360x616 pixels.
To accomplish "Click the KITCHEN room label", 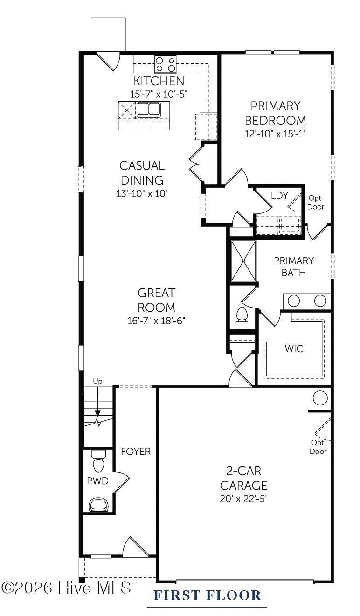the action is coord(159,81).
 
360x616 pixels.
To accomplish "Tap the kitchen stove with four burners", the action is coord(165,64).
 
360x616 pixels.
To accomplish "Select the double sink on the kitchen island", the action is coord(149,109).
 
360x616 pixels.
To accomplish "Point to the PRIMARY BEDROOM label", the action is coord(275,113).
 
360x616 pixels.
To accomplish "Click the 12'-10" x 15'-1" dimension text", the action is coord(276,134).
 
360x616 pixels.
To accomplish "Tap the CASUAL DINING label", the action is coord(142,173).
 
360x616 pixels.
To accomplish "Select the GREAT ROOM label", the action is coord(156,300).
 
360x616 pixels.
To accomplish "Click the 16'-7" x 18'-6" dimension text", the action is coord(156,321).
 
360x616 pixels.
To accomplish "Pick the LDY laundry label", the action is coord(279,196).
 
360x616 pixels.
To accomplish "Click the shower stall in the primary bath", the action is coord(243,261).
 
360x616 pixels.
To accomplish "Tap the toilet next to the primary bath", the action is coord(242,318).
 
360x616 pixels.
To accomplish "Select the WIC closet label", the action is coord(294,349).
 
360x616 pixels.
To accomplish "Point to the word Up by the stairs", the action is coord(97,382).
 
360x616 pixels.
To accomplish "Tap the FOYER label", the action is coord(136,452).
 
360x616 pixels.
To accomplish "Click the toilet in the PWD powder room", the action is coord(98,461).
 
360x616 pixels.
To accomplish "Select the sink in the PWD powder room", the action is coord(98,504).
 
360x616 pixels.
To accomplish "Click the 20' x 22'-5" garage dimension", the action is coord(243,499).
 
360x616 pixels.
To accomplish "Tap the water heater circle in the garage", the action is coord(320,398).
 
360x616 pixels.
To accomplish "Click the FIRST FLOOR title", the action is coord(207,595).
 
